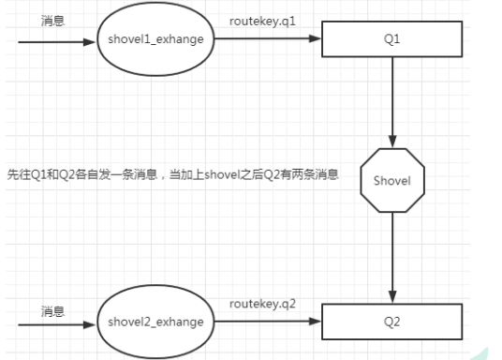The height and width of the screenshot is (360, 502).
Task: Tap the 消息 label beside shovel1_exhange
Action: coord(53,20)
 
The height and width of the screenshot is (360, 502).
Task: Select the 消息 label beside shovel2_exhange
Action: coord(53,308)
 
